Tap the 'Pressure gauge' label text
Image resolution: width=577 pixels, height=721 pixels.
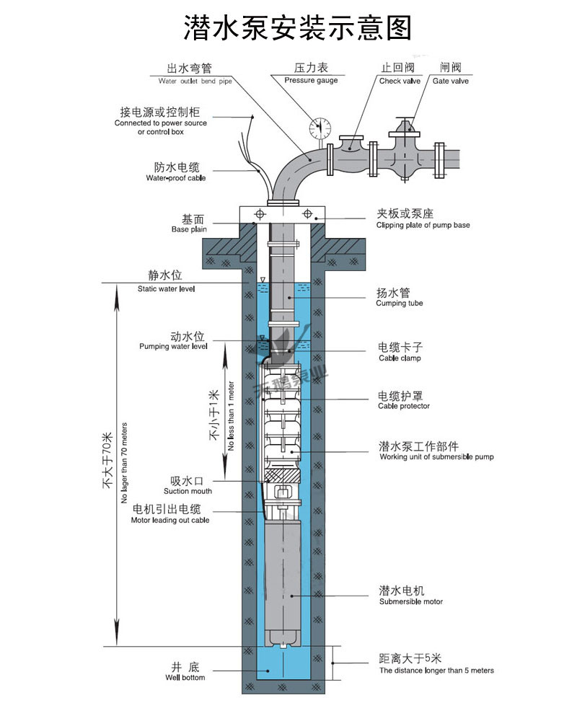[x=310, y=81]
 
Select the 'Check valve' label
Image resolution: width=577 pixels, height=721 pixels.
[x=400, y=81]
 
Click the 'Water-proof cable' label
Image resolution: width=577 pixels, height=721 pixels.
[x=175, y=177]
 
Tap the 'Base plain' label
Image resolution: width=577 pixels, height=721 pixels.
[x=188, y=229]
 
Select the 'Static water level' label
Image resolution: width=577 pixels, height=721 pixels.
[x=167, y=288]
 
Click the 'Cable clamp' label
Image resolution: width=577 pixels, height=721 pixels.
[x=399, y=358]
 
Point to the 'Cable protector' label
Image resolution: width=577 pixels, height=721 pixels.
[x=404, y=406]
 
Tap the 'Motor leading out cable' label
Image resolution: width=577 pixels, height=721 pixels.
[x=170, y=520]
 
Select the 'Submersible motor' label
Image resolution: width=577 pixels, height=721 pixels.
[x=411, y=601]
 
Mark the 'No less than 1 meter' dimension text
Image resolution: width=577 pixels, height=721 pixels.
[x=231, y=415]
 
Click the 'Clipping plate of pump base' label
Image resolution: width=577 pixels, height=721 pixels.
[x=423, y=225]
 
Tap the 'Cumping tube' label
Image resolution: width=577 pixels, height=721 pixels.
[x=400, y=304]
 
